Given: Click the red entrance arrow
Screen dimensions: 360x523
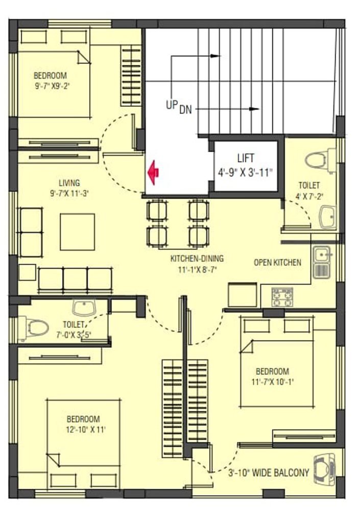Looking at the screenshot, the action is point(153,173).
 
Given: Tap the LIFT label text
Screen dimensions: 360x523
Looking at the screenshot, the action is point(246,158).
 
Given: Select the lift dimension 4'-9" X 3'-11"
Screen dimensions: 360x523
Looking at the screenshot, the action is point(245,173).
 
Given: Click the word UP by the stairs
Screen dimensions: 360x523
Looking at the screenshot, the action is point(172,105).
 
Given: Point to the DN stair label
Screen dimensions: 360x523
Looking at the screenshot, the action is point(186,109).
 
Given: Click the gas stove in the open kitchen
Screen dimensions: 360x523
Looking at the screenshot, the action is point(282,297).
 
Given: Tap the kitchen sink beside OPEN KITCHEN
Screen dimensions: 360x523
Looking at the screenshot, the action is point(322,262).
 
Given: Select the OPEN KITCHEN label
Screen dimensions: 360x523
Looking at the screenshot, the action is point(277,263).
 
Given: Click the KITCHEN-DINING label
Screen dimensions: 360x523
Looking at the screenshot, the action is point(197,258).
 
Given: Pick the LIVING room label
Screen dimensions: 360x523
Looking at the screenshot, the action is point(69,183).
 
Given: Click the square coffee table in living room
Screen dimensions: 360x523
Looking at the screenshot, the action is point(77,232).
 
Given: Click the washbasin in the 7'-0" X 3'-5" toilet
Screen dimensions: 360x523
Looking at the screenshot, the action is point(84,307).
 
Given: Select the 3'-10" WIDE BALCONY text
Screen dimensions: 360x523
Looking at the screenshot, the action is point(269,472).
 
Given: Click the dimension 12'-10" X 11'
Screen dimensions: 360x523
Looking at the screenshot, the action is point(86,430).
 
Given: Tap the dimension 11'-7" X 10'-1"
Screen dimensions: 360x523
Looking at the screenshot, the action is point(272,382).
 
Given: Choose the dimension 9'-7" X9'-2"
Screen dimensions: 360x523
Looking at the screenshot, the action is point(52,86).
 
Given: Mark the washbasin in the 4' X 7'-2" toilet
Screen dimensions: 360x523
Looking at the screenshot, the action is point(328,217).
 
